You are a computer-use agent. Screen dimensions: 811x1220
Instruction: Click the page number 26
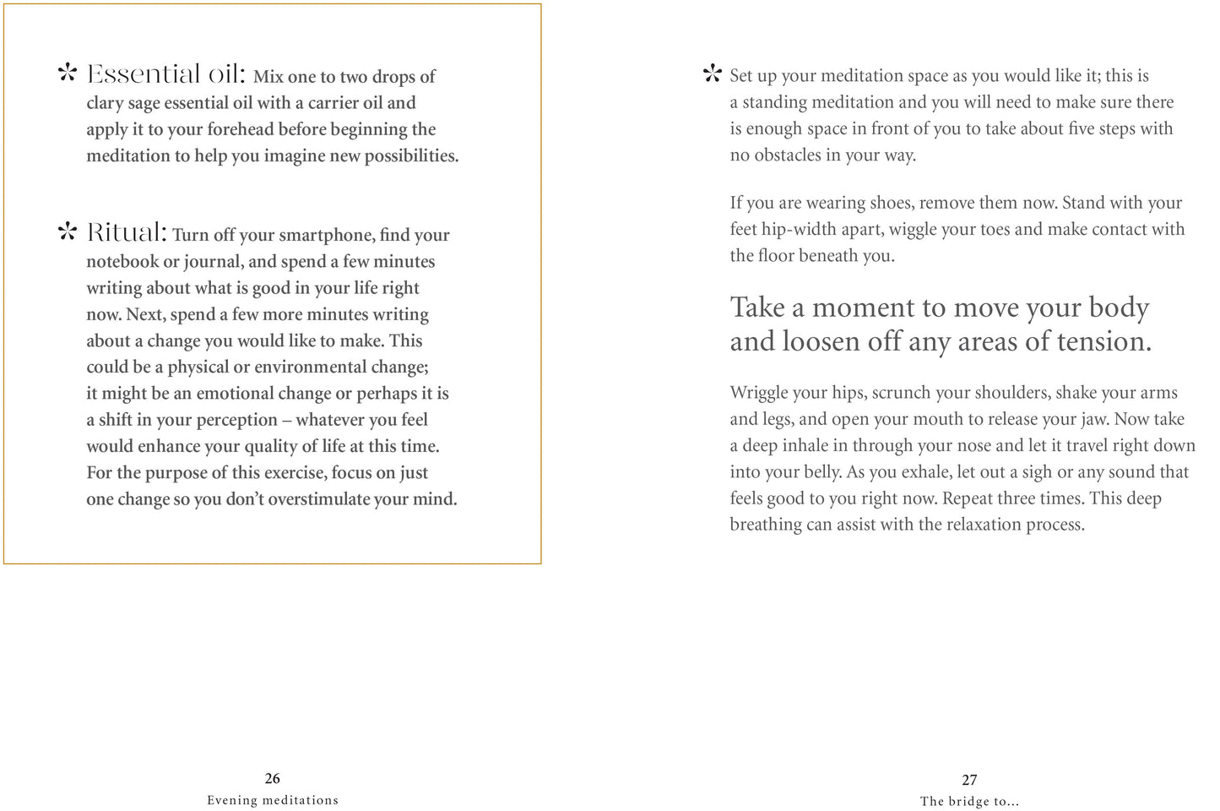click(x=272, y=779)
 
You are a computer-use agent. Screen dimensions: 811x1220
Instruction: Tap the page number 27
click(x=969, y=781)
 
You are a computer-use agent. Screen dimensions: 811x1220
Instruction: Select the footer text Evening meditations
click(x=273, y=800)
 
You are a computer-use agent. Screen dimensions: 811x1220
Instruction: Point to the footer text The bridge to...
click(x=968, y=802)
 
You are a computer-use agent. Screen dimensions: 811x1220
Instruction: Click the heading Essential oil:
click(x=166, y=75)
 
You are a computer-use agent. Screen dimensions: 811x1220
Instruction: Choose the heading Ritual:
click(x=127, y=232)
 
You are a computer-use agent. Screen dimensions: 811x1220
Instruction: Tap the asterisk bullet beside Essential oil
click(x=68, y=73)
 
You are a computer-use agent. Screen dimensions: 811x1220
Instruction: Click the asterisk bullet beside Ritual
click(x=68, y=232)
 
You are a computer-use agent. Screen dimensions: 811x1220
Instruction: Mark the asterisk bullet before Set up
click(x=713, y=75)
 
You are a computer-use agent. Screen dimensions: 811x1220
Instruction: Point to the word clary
click(x=105, y=103)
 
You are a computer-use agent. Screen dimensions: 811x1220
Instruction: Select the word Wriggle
click(x=759, y=393)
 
